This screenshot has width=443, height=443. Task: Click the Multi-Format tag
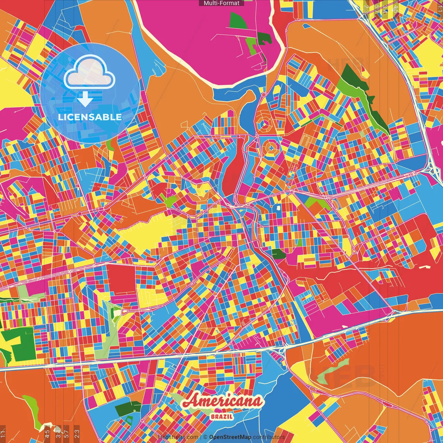point(221,3)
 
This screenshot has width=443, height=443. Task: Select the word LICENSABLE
point(90,117)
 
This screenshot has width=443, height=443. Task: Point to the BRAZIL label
point(221,417)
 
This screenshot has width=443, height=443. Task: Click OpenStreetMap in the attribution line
point(230,437)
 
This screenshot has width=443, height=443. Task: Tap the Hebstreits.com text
point(178,437)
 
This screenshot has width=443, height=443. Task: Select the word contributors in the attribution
point(269,437)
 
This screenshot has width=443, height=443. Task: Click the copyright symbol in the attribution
point(205,437)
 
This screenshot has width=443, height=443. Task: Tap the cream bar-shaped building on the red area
point(425,267)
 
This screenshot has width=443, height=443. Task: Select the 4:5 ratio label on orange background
point(47,434)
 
